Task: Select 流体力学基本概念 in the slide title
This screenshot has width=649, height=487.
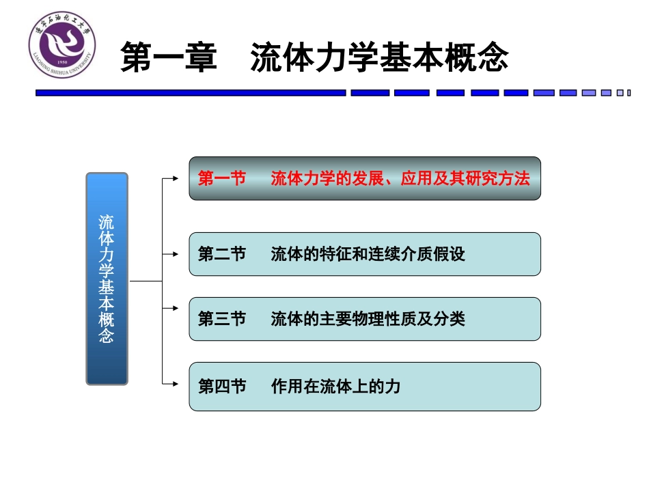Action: tap(379, 58)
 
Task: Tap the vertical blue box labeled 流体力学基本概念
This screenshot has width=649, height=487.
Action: tap(107, 279)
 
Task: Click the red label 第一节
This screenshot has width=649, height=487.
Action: tap(221, 179)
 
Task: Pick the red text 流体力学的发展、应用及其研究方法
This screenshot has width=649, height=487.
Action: tap(400, 179)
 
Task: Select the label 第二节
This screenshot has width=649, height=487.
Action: tap(221, 255)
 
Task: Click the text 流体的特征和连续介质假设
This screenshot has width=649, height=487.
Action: tap(368, 255)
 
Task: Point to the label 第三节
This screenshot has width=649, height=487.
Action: tap(221, 319)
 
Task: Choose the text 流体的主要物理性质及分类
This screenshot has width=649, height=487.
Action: tap(368, 319)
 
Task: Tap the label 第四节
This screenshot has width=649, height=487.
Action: tap(221, 387)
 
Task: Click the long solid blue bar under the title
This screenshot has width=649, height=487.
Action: tap(191, 93)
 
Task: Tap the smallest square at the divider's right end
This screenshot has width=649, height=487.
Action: tap(628, 93)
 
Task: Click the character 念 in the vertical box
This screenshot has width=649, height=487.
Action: tap(107, 336)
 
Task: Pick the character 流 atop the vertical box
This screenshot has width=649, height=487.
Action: tap(107, 223)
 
